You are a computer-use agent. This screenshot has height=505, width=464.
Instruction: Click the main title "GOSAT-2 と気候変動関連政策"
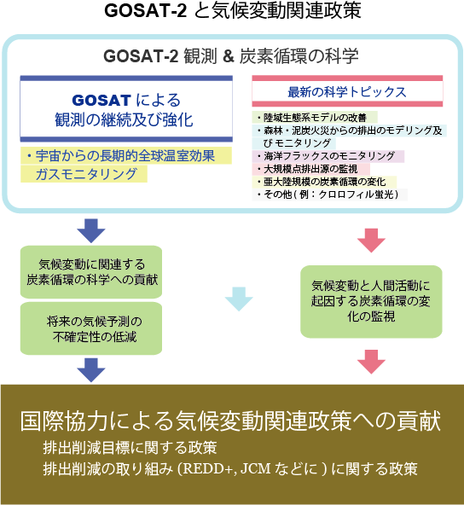click(x=232, y=12)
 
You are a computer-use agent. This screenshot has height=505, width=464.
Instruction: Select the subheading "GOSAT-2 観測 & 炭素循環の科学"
click(x=231, y=56)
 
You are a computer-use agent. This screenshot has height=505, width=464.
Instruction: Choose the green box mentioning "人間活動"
click(x=372, y=300)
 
